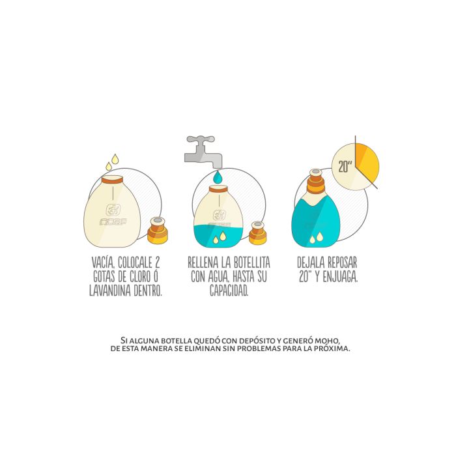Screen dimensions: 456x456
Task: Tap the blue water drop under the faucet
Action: click(x=218, y=177)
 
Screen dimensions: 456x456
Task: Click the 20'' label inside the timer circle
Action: click(x=345, y=166)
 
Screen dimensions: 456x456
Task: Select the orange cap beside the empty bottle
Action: click(x=158, y=231)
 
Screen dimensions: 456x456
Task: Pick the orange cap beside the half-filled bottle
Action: click(x=258, y=233)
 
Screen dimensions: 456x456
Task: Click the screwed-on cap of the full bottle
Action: click(x=315, y=182)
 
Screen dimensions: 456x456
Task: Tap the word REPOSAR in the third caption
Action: click(x=342, y=263)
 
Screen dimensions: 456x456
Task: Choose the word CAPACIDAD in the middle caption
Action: click(x=229, y=291)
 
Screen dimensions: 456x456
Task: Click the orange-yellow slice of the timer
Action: click(x=367, y=163)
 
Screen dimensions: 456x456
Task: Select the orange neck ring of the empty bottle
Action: click(x=112, y=179)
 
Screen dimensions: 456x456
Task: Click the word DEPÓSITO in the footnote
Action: click(x=257, y=341)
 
